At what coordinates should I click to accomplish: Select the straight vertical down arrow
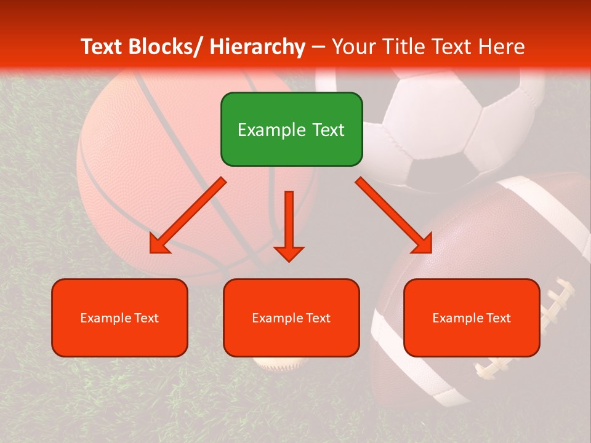(289, 221)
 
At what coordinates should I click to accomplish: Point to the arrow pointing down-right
(394, 215)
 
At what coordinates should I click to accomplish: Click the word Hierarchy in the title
(257, 47)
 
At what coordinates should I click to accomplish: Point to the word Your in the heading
(353, 47)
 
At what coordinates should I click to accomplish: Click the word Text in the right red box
(498, 318)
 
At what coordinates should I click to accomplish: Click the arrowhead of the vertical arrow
(289, 253)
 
